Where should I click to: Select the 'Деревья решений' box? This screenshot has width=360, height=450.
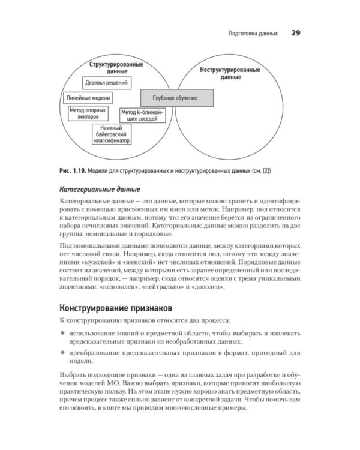tap(107, 83)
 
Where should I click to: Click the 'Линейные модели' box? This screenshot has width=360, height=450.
tap(88, 97)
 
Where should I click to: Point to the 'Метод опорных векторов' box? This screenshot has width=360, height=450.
tap(88, 113)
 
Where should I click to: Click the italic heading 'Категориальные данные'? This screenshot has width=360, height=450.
tap(96, 188)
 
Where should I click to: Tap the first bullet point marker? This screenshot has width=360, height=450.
tap(62, 332)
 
